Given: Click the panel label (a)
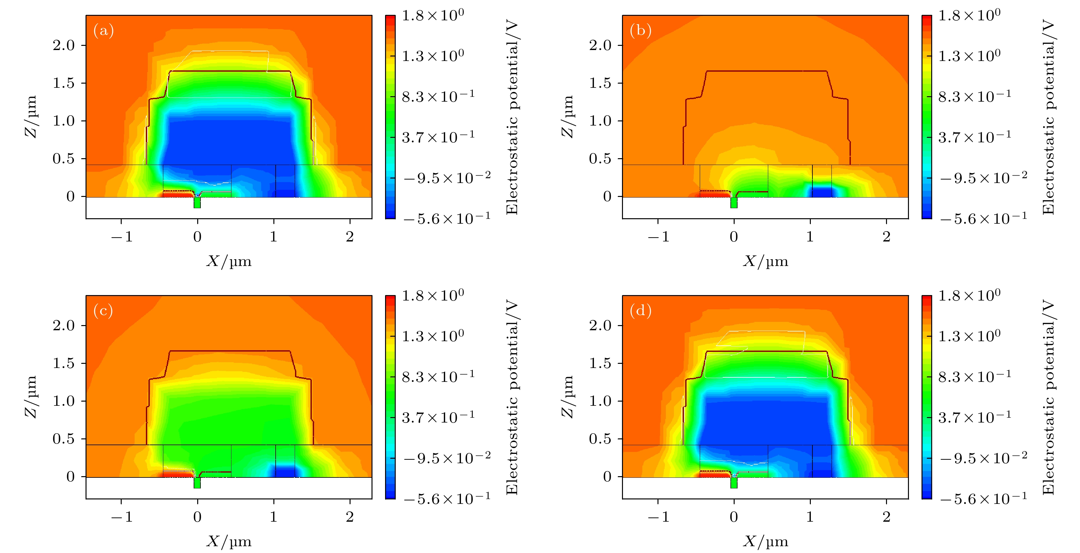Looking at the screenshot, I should (x=104, y=31).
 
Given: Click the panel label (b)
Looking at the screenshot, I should (x=640, y=31).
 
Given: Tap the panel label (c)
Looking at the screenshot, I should (x=103, y=311).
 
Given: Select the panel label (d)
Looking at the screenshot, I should (x=640, y=311).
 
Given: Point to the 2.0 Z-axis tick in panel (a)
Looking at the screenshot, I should (x=63, y=45).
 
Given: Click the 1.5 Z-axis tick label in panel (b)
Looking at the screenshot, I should (x=600, y=83).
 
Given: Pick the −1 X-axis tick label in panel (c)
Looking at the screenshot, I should (x=122, y=517).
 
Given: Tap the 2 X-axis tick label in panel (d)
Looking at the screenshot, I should (x=886, y=517).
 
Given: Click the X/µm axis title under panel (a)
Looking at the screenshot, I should (x=229, y=261).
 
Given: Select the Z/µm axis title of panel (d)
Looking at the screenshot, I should (x=567, y=397).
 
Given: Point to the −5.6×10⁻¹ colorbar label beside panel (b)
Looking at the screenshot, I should (x=983, y=219).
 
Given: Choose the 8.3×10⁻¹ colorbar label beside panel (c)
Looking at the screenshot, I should (x=438, y=376).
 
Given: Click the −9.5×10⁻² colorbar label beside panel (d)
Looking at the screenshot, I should (x=983, y=458).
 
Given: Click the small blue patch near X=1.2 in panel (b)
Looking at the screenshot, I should (x=822, y=192).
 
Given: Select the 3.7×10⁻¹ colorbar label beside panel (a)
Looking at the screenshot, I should (x=438, y=137).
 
